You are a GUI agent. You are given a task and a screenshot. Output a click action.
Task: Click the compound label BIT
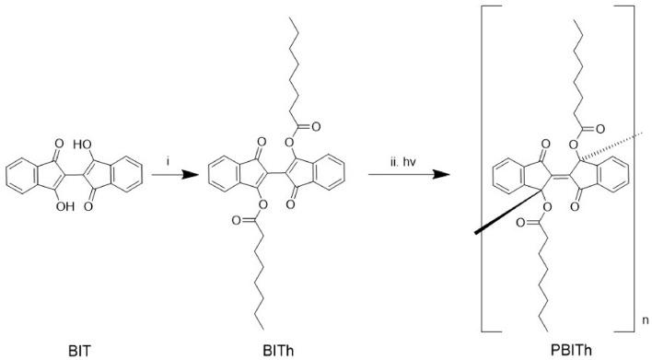(80, 351)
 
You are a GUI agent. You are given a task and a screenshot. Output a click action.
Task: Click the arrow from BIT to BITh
(168, 172)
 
